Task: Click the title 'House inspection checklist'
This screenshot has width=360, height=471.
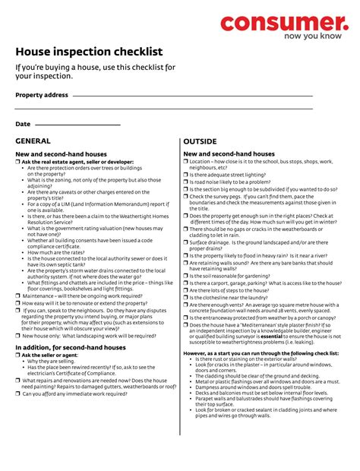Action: tap(89, 52)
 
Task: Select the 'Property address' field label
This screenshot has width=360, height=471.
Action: tap(42, 95)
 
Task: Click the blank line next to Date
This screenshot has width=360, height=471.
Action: tap(77, 124)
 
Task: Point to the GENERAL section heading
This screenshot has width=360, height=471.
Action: tap(33, 141)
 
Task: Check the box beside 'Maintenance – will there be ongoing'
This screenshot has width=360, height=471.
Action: tap(18, 296)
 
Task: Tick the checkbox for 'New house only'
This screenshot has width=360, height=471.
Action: tap(18, 335)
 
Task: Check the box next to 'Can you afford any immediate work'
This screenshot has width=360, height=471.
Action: tap(18, 394)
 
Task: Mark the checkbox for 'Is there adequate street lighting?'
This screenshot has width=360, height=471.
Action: tap(186, 175)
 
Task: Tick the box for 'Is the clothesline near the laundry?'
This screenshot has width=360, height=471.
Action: tap(186, 297)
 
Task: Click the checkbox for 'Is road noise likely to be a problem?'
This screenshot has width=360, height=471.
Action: tap(186, 182)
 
